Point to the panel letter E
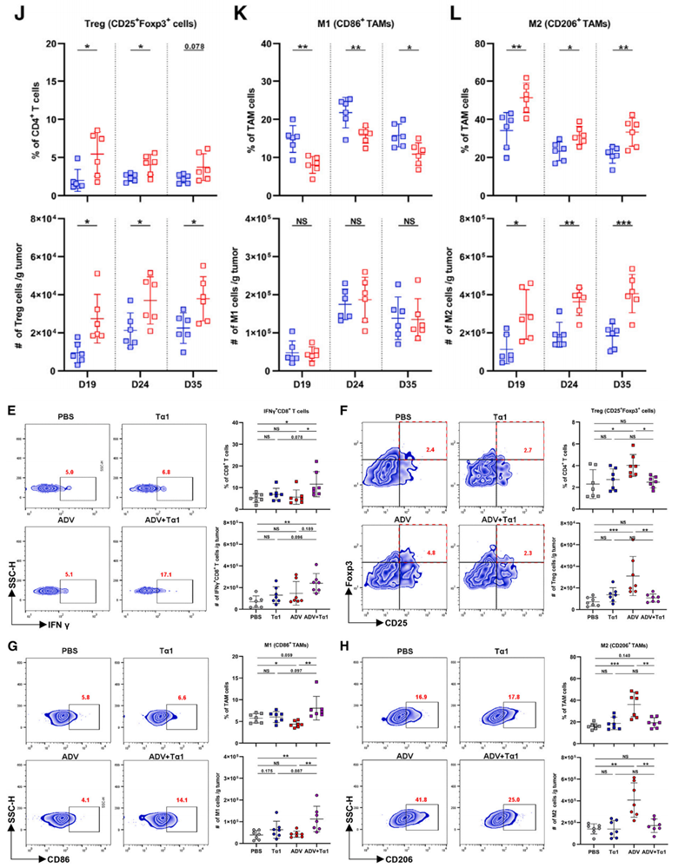click(x=10, y=411)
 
